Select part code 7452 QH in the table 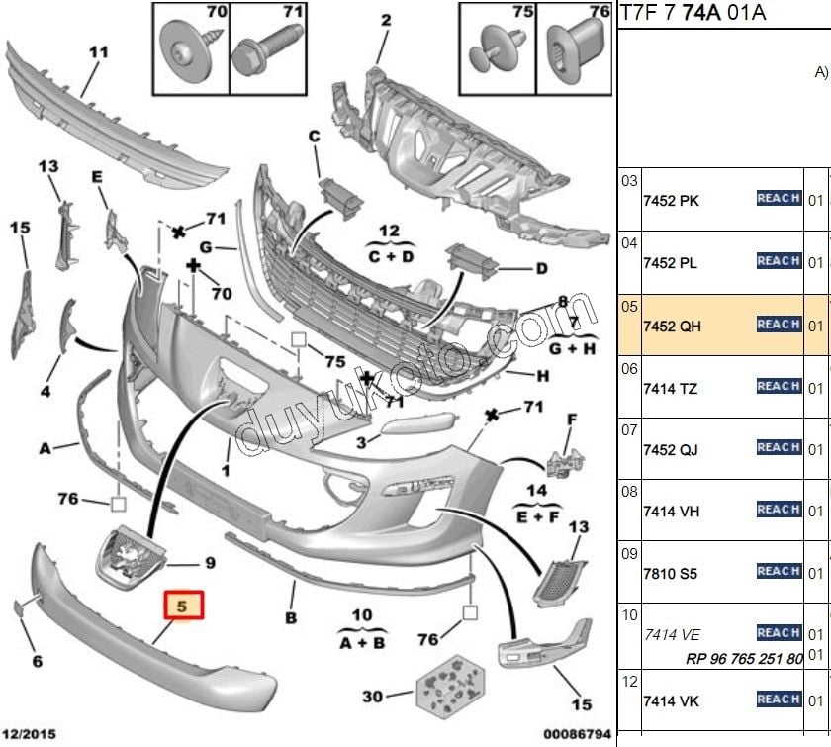[x=672, y=326]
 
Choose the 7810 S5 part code [x=671, y=573]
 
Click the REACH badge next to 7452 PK [x=779, y=198]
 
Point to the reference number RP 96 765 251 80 [x=743, y=659]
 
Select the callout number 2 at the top [x=385, y=19]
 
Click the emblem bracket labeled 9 [x=131, y=557]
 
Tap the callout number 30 [x=372, y=697]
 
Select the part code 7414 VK [x=671, y=701]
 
